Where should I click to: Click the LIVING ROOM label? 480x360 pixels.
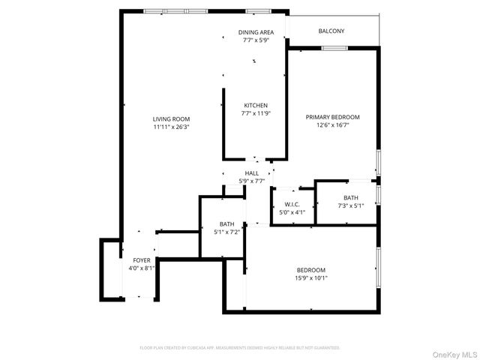(171, 118)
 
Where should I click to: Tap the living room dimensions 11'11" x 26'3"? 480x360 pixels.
(171, 127)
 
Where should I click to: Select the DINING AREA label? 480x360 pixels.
(256, 32)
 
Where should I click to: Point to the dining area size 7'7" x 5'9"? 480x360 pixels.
(256, 40)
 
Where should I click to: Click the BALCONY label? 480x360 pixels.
(331, 31)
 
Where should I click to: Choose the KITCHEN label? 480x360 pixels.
(256, 105)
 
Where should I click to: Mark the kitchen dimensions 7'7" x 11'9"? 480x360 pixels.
(256, 113)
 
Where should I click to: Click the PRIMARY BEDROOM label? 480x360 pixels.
(332, 117)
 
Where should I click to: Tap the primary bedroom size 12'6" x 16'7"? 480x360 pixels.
(332, 125)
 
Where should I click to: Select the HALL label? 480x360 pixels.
(251, 173)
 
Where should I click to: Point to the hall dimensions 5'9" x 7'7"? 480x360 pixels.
(251, 181)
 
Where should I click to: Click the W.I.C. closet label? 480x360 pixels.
(292, 204)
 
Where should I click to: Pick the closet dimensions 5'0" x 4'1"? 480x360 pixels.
(292, 212)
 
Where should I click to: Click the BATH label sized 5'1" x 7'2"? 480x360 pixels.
(226, 224)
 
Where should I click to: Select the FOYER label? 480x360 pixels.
(141, 259)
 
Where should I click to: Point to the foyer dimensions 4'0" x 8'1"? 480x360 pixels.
(141, 268)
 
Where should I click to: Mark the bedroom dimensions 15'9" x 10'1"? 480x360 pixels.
(310, 278)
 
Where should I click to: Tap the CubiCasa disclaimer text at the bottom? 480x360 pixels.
(240, 348)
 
